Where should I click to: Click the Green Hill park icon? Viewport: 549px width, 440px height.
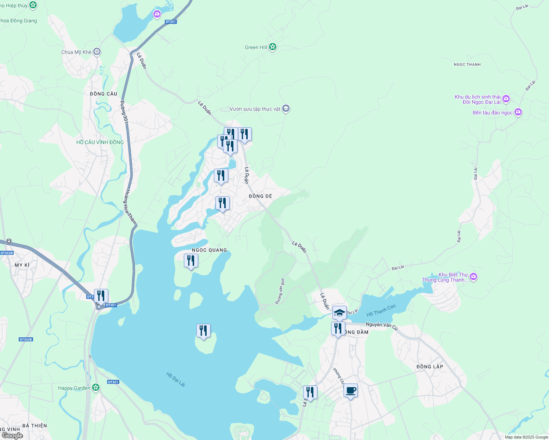pyautogui.click(x=272, y=47)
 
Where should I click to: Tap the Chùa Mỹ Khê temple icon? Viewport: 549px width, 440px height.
pyautogui.click(x=97, y=52)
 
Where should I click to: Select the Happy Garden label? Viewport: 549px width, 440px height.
pyautogui.click(x=74, y=388)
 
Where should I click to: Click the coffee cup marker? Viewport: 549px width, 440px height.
pyautogui.click(x=350, y=390)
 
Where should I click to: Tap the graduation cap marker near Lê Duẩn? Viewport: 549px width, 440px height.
pyautogui.click(x=339, y=313)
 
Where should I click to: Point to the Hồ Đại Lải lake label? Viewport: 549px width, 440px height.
pyautogui.click(x=176, y=379)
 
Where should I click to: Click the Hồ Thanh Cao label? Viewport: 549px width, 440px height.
pyautogui.click(x=381, y=311)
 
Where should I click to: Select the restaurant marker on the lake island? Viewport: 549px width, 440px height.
pyautogui.click(x=203, y=331)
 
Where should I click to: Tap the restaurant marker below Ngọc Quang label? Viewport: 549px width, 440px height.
pyautogui.click(x=191, y=261)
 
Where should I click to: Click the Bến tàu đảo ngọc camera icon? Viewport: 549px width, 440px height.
pyautogui.click(x=518, y=112)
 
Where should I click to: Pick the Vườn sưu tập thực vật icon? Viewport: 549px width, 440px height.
pyautogui.click(x=286, y=109)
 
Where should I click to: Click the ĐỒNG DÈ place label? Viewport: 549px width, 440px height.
pyautogui.click(x=260, y=196)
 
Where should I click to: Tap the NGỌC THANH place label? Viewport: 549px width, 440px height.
pyautogui.click(x=467, y=65)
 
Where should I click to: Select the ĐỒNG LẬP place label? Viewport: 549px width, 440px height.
pyautogui.click(x=430, y=367)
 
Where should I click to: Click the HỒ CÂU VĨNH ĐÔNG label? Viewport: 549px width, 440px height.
pyautogui.click(x=100, y=142)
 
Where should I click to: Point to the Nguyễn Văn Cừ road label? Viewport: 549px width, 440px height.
pyautogui.click(x=382, y=325)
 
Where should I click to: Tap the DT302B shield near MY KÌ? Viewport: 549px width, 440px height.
pyautogui.click(x=7, y=253)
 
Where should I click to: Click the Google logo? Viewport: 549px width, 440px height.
pyautogui.click(x=12, y=436)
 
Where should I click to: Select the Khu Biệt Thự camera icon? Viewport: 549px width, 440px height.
pyautogui.click(x=473, y=277)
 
